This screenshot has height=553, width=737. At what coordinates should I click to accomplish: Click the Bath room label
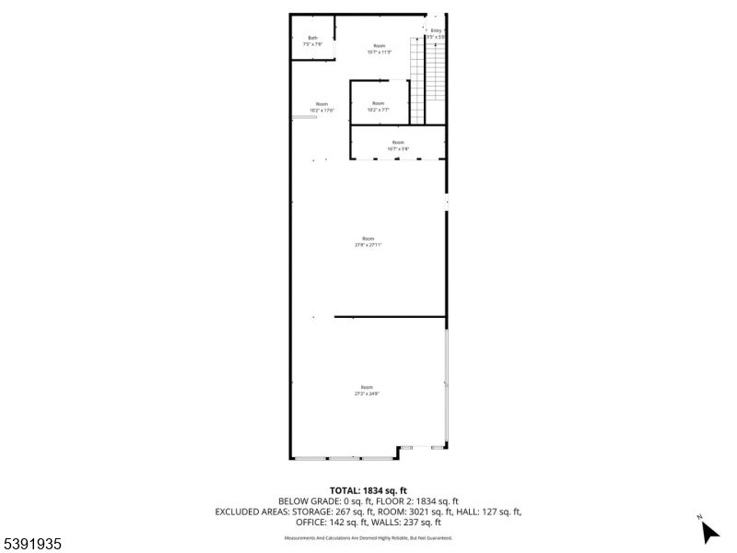(x=312, y=38)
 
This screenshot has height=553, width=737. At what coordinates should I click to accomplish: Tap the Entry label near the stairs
(x=436, y=30)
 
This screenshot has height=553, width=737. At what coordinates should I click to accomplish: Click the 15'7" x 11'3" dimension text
(x=380, y=52)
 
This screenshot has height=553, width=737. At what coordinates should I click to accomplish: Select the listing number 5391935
(x=32, y=545)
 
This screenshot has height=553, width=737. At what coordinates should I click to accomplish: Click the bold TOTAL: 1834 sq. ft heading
(x=368, y=490)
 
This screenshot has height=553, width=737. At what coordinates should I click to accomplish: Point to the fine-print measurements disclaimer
(x=368, y=537)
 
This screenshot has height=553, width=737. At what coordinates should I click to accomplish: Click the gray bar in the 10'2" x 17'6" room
(x=303, y=117)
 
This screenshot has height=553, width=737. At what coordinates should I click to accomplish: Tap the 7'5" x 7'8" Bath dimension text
(x=312, y=44)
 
